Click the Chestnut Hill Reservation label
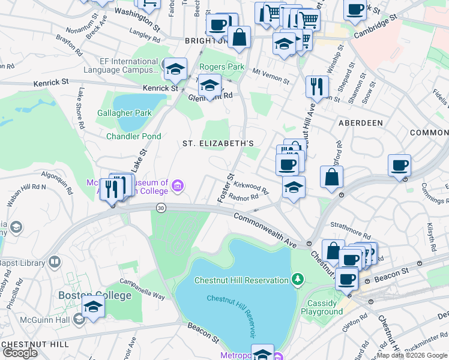point(241,280)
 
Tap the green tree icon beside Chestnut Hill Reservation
point(297,279)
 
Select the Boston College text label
point(95,295)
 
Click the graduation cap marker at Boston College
point(94,306)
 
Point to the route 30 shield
point(160,207)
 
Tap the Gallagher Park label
point(125,112)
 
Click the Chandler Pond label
point(133,136)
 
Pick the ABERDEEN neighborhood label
point(360,122)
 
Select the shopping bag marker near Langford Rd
point(331,177)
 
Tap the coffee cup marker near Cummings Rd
point(399,165)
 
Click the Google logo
point(19,353)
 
